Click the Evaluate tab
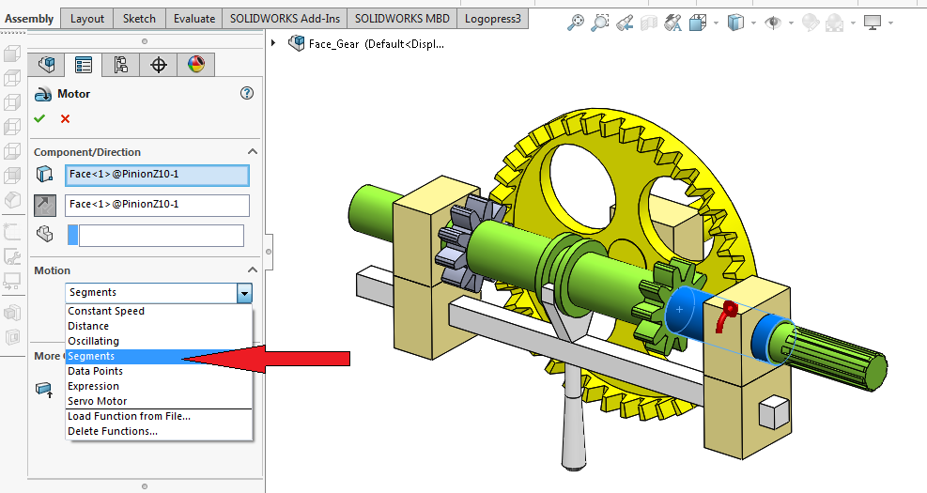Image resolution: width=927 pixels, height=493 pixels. [x=194, y=18]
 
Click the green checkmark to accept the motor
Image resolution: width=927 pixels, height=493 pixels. [x=39, y=118]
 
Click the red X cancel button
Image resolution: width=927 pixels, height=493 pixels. [x=65, y=118]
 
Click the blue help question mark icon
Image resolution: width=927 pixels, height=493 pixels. [x=247, y=93]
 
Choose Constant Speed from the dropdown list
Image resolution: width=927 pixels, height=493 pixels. [x=106, y=311]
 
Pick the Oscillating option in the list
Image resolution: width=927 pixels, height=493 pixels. [x=93, y=341]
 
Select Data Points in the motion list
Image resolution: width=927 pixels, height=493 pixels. [x=95, y=371]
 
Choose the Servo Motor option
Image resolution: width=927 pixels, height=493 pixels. [x=97, y=401]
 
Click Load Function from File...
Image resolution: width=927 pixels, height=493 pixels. [x=129, y=416]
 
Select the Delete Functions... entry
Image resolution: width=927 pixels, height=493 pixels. [x=112, y=431]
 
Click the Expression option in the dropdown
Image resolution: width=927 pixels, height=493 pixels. [x=93, y=386]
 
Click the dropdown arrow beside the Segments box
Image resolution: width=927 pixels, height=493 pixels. [x=244, y=293]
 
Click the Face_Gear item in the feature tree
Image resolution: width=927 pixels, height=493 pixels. [x=375, y=43]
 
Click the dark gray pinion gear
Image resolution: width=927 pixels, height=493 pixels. [x=459, y=245]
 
